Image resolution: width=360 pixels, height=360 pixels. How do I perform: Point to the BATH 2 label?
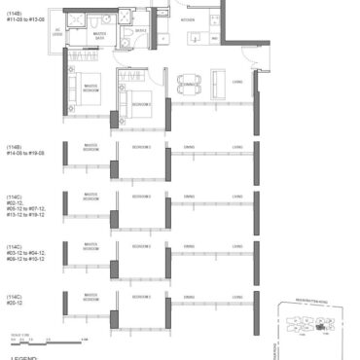coord(140,31)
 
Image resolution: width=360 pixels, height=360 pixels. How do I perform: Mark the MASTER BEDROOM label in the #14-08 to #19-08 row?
coord(90,148)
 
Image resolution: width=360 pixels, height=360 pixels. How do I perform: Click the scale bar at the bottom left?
coord(34,339)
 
